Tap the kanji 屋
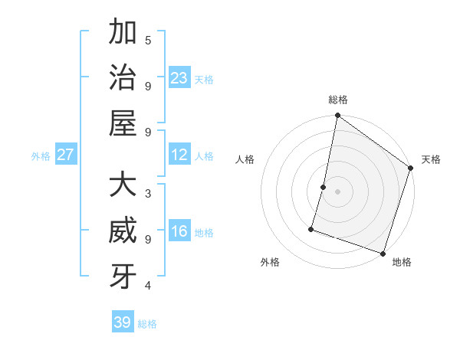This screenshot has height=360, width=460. (123, 123)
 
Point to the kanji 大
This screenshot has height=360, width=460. (123, 186)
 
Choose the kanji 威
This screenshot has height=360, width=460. (123, 232)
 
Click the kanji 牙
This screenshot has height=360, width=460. (123, 277)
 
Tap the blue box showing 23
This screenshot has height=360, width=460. (179, 77)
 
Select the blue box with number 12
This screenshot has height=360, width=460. (179, 155)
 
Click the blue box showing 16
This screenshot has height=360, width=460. (179, 232)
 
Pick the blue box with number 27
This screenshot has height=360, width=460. (66, 155)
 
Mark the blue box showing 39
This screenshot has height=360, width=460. (123, 322)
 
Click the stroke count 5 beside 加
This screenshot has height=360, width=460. (148, 41)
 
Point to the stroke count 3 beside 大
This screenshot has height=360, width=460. (148, 193)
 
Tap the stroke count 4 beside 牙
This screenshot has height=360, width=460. (148, 286)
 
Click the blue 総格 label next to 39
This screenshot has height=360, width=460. (147, 324)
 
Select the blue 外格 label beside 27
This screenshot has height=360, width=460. (41, 156)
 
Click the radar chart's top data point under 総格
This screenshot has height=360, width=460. (337, 116)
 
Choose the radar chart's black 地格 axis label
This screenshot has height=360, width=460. (402, 262)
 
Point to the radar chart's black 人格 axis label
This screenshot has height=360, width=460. (245, 159)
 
